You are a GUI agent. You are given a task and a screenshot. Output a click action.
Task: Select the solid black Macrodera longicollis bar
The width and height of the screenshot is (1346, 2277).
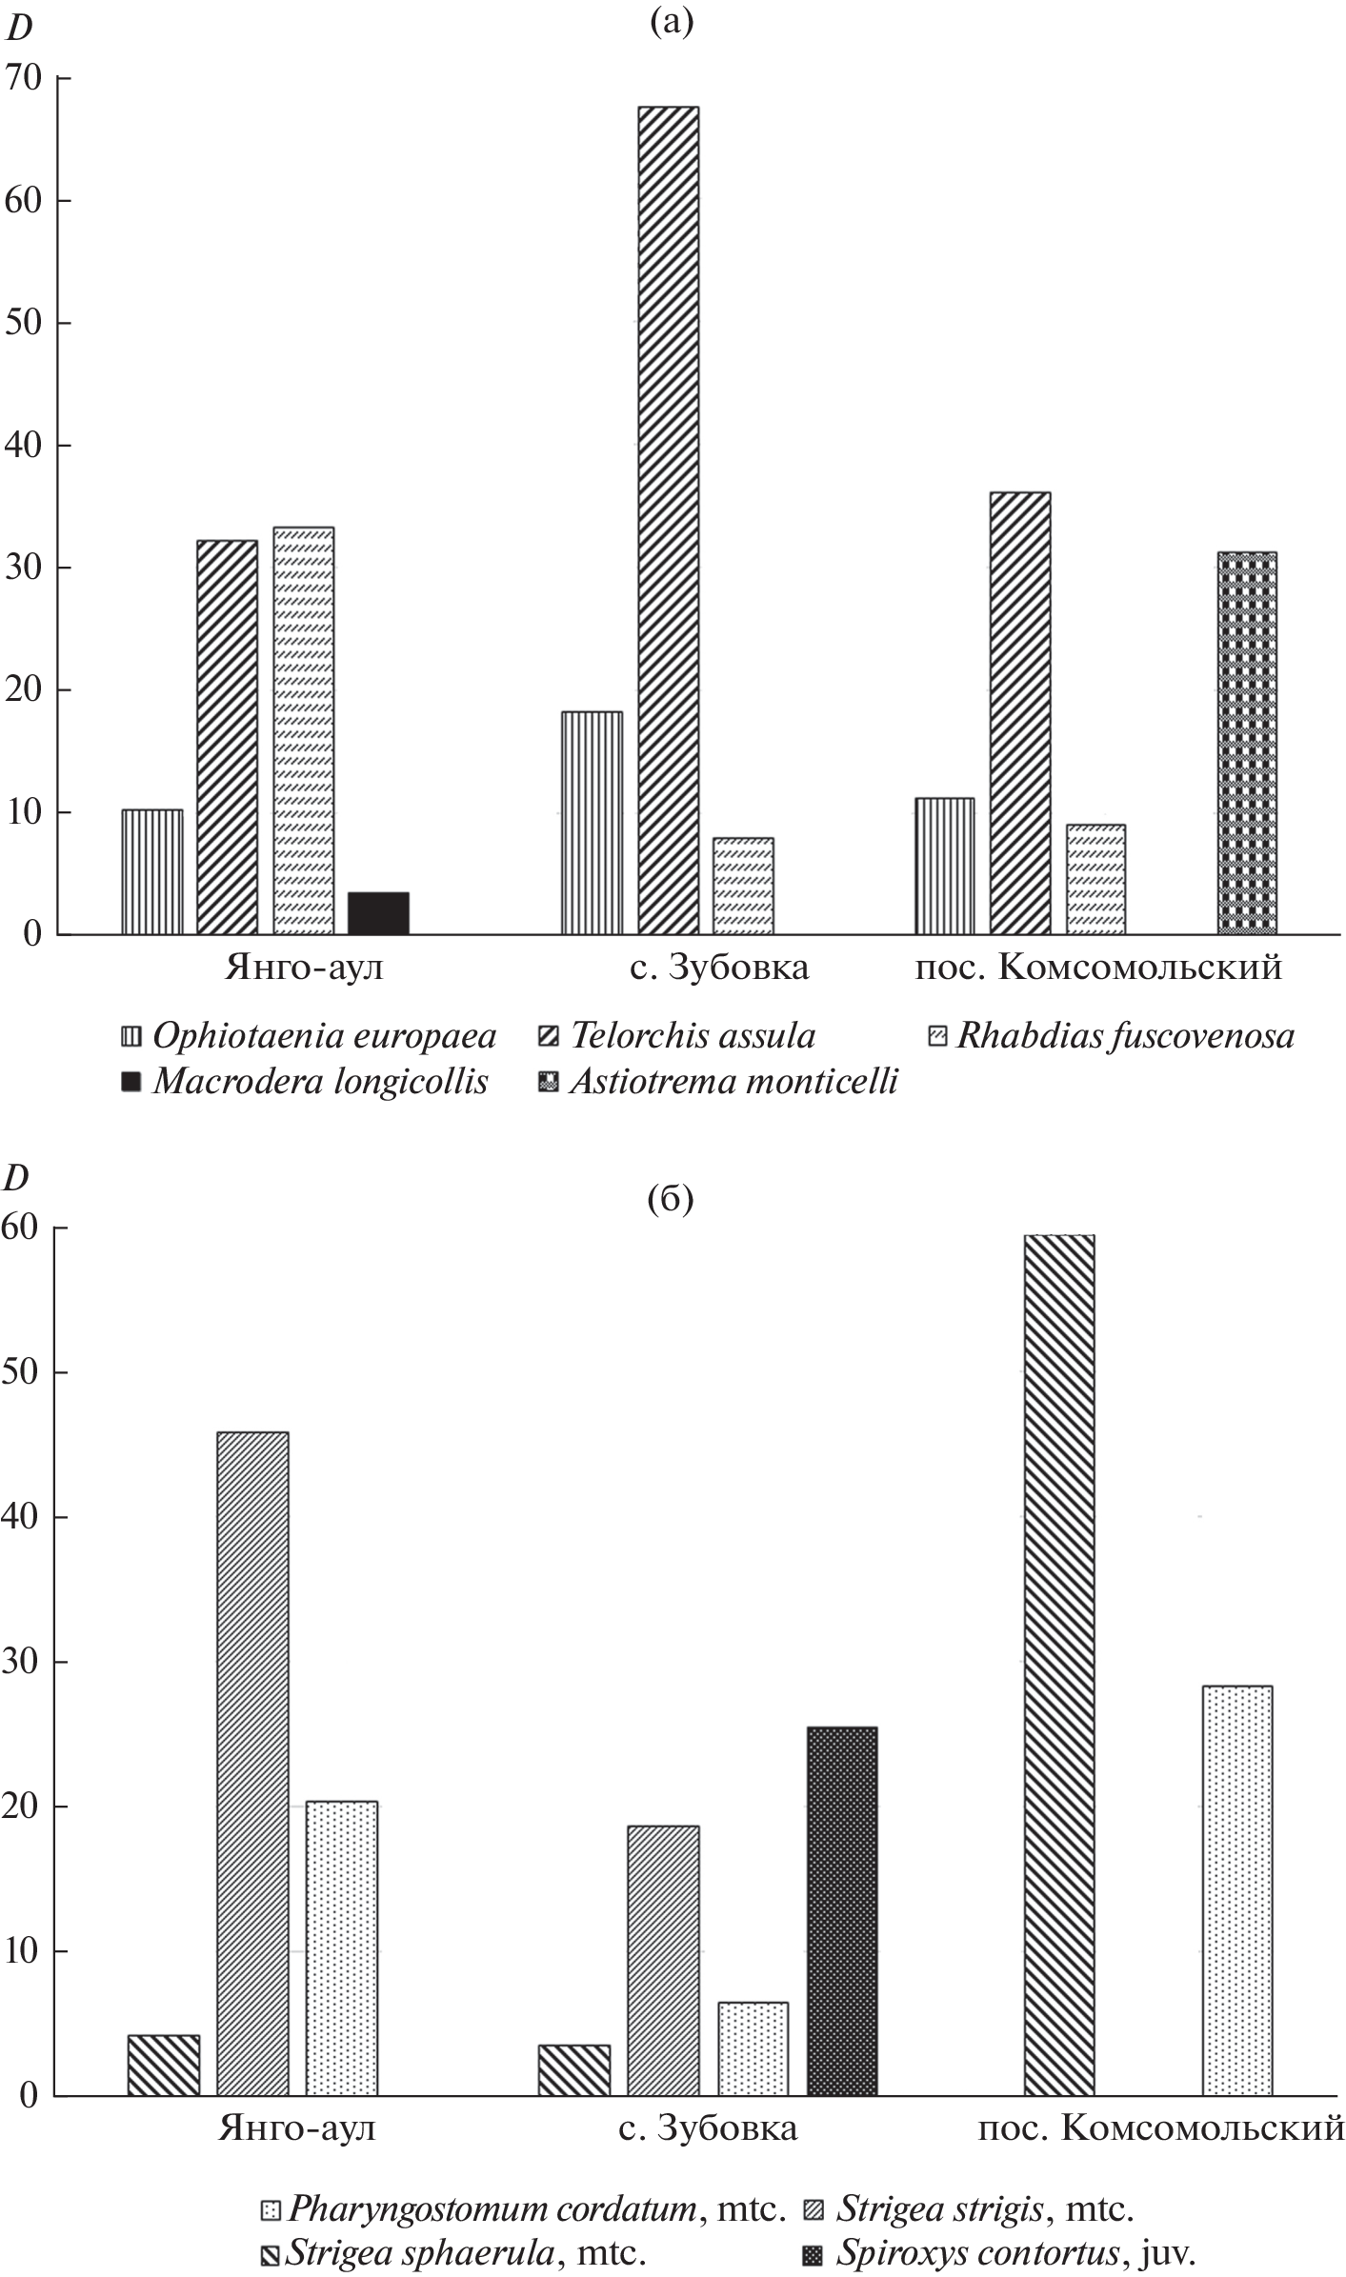coord(378,913)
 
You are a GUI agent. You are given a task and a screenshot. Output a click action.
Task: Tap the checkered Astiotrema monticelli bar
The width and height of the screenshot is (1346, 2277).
coord(1247,743)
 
